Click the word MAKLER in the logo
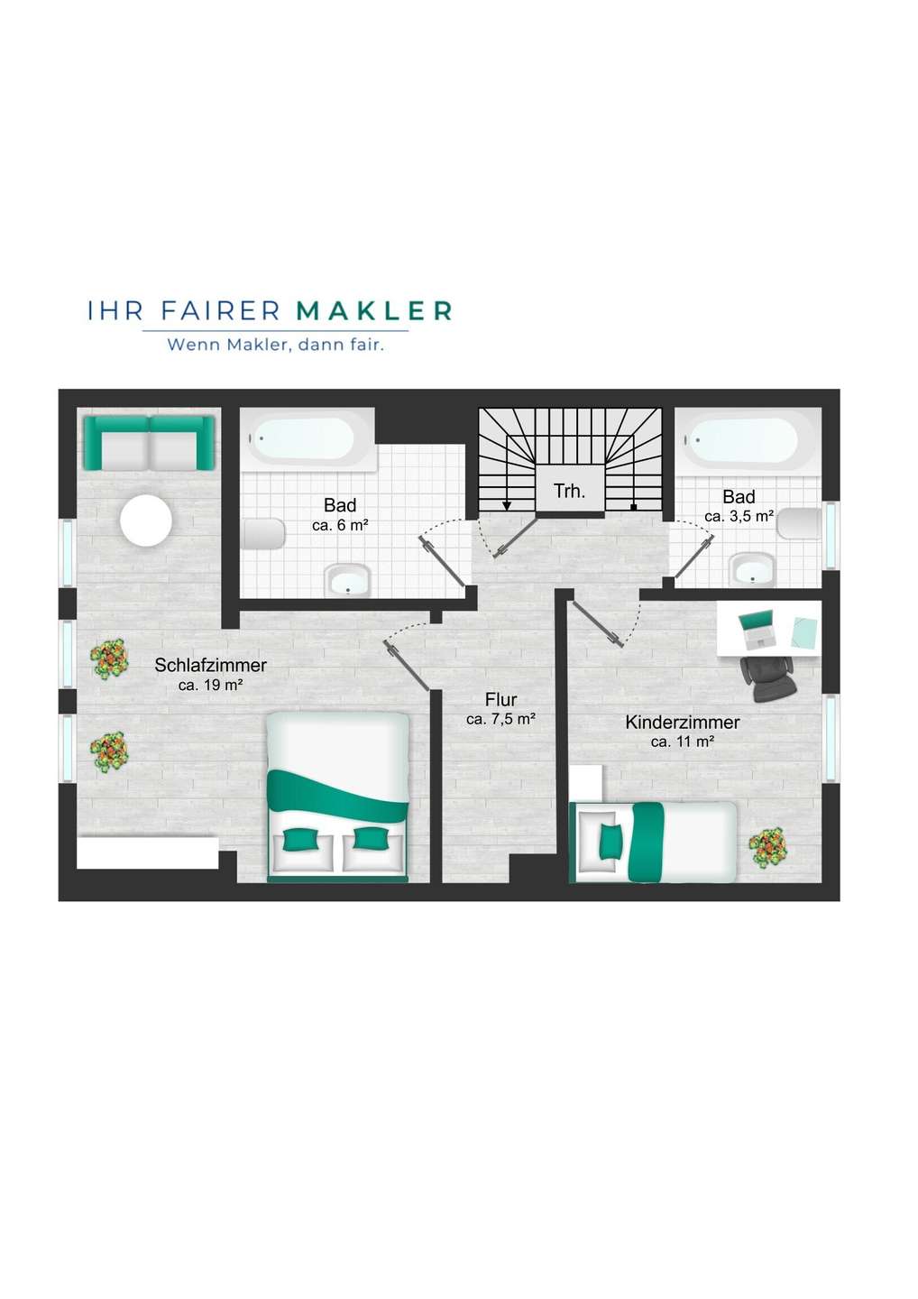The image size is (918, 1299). tap(374, 311)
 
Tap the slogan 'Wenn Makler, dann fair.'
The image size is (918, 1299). tap(276, 345)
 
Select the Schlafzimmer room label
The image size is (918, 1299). tap(210, 665)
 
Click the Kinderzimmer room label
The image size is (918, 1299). tap(682, 723)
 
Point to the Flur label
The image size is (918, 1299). tap(500, 699)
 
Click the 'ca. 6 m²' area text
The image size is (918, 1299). tap(340, 525)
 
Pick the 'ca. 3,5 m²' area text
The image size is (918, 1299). tap(739, 516)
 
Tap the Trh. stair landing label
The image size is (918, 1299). tap(569, 491)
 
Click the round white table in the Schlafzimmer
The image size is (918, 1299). tap(146, 521)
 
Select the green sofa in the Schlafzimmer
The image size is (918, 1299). tap(149, 443)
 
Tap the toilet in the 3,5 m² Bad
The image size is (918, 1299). tap(799, 523)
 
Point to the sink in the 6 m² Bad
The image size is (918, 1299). tap(348, 580)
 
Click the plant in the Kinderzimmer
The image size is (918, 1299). tap(767, 847)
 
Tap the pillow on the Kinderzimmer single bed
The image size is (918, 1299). tap(609, 841)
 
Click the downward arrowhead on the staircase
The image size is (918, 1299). tap(507, 506)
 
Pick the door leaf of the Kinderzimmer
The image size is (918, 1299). tap(598, 622)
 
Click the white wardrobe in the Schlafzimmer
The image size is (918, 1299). tap(148, 852)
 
